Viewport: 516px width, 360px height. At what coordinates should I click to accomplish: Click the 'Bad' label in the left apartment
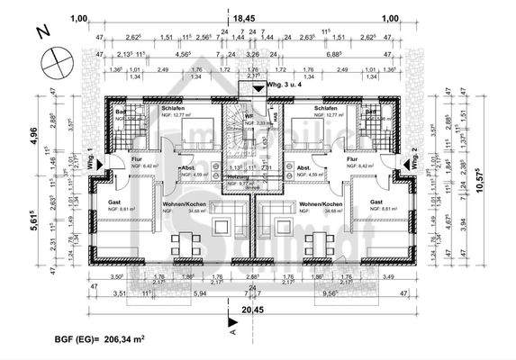(121, 112)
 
